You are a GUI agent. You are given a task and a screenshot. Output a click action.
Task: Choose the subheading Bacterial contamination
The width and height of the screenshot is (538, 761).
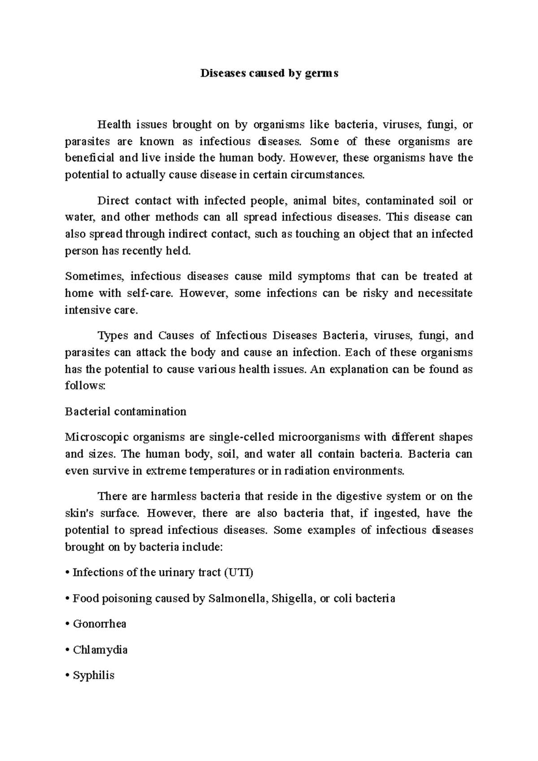click(x=126, y=412)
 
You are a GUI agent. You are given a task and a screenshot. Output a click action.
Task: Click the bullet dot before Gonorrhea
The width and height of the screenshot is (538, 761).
click(x=67, y=624)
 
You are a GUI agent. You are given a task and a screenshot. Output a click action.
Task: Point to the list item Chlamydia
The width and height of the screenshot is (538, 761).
click(x=100, y=650)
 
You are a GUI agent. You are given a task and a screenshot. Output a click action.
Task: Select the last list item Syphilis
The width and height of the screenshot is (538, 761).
click(x=93, y=675)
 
